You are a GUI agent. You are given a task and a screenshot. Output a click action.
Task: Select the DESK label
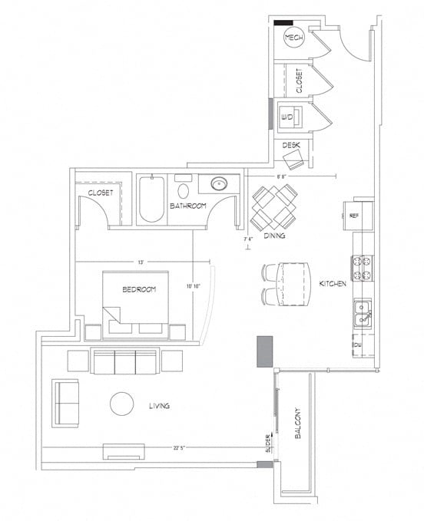pyautogui.click(x=290, y=144)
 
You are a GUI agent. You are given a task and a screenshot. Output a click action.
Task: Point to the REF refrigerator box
pyautogui.click(x=355, y=216)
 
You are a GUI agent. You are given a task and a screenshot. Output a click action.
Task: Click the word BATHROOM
pyautogui.click(x=189, y=206)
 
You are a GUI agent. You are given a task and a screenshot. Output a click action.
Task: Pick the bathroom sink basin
pyautogui.click(x=217, y=184)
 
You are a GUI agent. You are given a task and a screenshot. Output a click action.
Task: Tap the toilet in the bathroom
pyautogui.click(x=184, y=189)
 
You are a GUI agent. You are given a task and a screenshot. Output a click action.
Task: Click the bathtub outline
pyautogui.click(x=151, y=200)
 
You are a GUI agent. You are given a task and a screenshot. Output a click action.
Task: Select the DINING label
pyautogui.click(x=274, y=236)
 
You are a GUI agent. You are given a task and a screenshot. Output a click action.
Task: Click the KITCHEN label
pyautogui.click(x=333, y=284)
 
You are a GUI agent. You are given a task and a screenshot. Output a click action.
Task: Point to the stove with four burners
pyautogui.click(x=362, y=268)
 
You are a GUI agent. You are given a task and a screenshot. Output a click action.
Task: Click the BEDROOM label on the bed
pyautogui.click(x=139, y=289)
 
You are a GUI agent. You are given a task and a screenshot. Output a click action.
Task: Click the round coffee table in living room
pyautogui.click(x=122, y=404)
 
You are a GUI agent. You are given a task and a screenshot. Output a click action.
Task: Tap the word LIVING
pyautogui.click(x=159, y=405)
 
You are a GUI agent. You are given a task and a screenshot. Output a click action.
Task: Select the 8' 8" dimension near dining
pyautogui.click(x=283, y=176)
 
